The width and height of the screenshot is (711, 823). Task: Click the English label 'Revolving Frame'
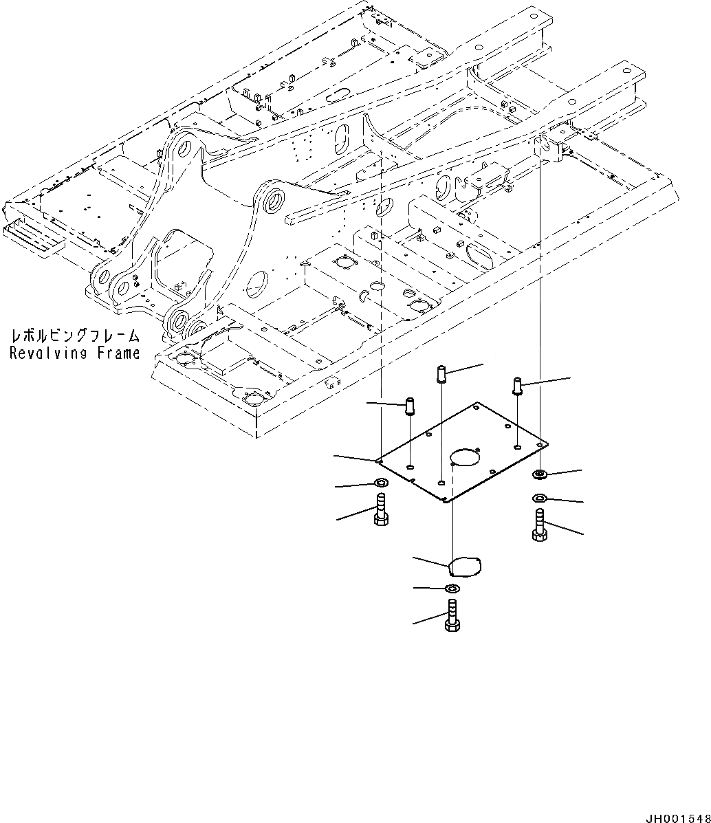(x=74, y=353)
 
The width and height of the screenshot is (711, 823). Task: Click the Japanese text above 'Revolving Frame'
(x=74, y=337)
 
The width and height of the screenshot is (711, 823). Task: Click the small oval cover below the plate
(x=464, y=567)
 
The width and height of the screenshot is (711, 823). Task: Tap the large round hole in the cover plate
(x=463, y=457)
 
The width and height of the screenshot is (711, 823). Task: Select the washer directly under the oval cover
(x=452, y=589)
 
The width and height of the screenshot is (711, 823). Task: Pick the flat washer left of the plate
(x=380, y=483)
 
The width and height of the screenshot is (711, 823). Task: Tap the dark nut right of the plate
(x=540, y=473)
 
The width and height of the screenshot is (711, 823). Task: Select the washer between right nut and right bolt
(x=540, y=498)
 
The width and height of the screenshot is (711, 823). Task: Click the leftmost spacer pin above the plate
(x=410, y=406)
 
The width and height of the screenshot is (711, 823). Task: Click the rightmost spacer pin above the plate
(x=518, y=386)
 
